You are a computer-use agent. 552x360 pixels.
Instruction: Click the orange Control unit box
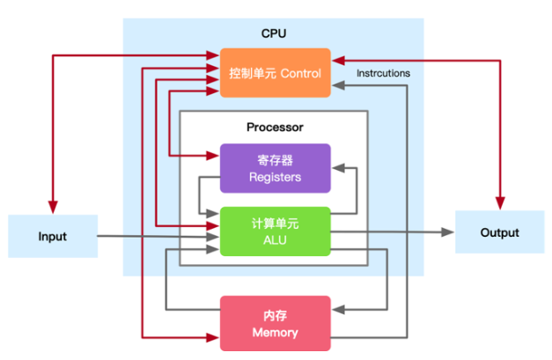(276, 73)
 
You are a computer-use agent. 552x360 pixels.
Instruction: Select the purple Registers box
(276, 168)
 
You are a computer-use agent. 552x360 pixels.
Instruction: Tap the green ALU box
(276, 231)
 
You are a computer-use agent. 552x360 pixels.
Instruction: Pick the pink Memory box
(276, 323)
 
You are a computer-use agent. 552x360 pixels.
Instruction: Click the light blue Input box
(53, 236)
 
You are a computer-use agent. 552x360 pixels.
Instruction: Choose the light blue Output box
(500, 232)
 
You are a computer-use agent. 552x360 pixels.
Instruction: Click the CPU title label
(274, 33)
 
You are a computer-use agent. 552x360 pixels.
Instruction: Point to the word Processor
(275, 127)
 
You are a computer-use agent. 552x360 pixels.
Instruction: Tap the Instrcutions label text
(383, 73)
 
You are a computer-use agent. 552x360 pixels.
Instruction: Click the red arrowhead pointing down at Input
(53, 207)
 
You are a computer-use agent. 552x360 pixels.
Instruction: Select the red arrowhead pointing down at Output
(500, 203)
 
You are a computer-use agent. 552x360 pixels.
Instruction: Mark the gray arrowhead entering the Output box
(448, 232)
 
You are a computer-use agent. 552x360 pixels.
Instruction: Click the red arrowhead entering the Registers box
(213, 156)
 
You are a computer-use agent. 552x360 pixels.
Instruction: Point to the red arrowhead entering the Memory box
(213, 338)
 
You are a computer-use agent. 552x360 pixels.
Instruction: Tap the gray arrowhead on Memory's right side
(338, 310)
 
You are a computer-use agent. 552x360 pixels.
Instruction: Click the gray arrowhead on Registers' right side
(338, 168)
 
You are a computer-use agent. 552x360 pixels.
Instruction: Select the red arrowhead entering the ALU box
(213, 225)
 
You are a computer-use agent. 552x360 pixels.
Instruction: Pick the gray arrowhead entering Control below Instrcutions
(338, 85)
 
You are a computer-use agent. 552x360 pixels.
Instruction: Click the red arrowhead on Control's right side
(338, 61)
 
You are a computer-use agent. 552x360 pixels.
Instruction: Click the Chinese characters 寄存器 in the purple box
(276, 160)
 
